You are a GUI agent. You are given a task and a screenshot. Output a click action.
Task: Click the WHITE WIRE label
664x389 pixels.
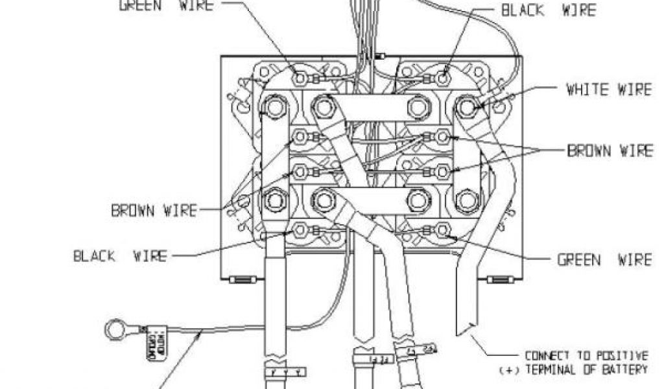click(x=608, y=89)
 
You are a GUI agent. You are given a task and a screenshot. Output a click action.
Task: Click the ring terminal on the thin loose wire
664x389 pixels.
click(x=115, y=331)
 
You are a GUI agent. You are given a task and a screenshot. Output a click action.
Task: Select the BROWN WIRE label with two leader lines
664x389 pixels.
click(x=610, y=151)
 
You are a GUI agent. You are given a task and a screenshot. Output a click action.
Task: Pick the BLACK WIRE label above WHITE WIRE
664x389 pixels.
click(x=547, y=10)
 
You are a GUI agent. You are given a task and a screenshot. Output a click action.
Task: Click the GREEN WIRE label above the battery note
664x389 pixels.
click(x=604, y=259)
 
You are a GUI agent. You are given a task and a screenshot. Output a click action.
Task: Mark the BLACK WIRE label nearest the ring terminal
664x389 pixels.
click(x=119, y=256)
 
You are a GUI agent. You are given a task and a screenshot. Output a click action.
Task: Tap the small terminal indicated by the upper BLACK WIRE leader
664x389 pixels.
click(x=443, y=78)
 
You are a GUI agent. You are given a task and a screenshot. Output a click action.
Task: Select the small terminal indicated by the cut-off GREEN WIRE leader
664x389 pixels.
click(x=300, y=78)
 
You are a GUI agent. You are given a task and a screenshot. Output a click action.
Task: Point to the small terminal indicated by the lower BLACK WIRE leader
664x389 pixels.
click(x=300, y=230)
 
